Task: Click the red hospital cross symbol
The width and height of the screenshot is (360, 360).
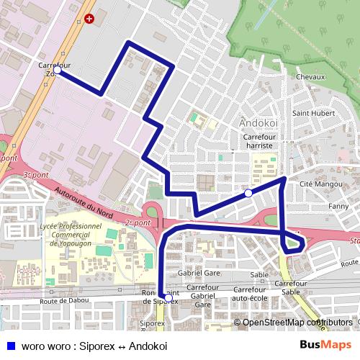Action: coord(89,19)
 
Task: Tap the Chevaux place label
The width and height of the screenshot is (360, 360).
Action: coord(311,77)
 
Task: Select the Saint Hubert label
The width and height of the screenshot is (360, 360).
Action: coord(313,113)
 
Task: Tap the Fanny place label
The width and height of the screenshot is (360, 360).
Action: coord(338,207)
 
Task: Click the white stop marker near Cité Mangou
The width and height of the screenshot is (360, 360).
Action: coord(248,193)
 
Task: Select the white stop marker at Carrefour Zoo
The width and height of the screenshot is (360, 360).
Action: coord(57,70)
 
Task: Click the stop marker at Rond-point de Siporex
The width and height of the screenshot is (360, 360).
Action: coord(168,297)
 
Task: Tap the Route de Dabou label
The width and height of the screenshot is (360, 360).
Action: coord(65,300)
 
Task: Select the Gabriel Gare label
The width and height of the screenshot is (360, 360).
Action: coord(199,274)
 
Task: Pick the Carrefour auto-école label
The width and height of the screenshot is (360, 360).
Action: coord(250,293)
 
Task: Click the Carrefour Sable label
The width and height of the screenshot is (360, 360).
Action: coord(290,288)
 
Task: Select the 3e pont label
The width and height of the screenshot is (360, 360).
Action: coord(35,176)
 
